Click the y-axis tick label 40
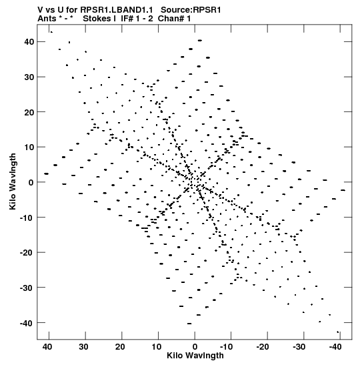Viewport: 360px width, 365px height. (x=29, y=42)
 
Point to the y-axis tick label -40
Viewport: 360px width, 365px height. (x=27, y=323)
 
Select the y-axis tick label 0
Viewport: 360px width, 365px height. (x=31, y=182)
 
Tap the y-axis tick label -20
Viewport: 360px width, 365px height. (x=27, y=253)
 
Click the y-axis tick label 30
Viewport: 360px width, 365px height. (x=29, y=77)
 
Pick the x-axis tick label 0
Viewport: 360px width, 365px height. (x=195, y=347)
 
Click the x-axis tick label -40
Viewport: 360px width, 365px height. (x=335, y=347)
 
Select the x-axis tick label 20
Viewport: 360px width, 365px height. (x=120, y=347)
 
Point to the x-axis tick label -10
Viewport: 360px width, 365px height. (x=226, y=347)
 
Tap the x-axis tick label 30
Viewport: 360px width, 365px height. (x=83, y=347)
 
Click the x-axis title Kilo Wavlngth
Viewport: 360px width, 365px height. (x=195, y=356)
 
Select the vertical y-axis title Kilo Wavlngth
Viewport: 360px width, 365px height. (x=13, y=181)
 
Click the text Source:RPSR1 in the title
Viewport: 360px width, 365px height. (x=191, y=10)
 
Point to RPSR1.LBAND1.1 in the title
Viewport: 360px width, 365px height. (x=117, y=10)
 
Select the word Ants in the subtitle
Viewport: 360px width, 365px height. (x=47, y=19)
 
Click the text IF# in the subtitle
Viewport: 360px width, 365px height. (x=127, y=19)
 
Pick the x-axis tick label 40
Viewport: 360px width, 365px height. (x=47, y=347)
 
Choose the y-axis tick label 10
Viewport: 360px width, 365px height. (x=29, y=147)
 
